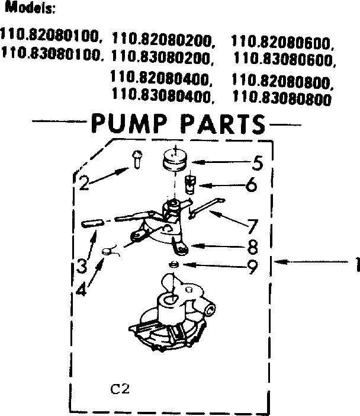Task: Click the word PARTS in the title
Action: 223,124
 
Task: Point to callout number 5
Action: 257,162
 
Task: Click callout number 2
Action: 84,183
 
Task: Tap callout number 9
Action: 253,268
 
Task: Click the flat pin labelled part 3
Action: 92,223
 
